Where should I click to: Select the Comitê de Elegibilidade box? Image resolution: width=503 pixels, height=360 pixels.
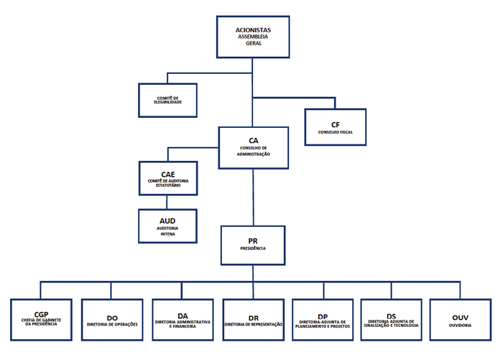tap(167, 101)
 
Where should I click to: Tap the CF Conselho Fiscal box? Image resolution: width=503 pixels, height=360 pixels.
tap(335, 127)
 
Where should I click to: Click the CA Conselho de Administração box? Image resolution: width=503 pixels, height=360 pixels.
tap(254, 148)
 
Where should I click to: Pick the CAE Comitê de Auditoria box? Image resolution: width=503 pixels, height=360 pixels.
tap(168, 178)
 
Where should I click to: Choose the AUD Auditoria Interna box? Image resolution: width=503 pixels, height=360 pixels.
tap(167, 226)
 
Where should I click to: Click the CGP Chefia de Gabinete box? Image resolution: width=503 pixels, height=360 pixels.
tap(41, 320)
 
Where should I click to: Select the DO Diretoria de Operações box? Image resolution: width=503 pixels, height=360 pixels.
tap(111, 320)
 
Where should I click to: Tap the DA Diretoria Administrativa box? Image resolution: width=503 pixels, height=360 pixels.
tap(183, 320)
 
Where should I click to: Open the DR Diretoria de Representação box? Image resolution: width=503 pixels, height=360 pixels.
tap(254, 320)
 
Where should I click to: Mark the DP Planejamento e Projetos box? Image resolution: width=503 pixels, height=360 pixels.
tap(323, 320)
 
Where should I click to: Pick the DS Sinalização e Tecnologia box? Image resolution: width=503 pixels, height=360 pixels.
tap(392, 320)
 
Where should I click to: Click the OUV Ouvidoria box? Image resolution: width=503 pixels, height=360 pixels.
tap(461, 320)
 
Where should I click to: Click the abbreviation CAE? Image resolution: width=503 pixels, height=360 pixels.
tap(168, 173)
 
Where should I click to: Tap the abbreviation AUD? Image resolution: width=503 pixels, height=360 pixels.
tap(167, 221)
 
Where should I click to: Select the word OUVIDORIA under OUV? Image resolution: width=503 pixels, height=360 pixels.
tap(461, 325)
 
